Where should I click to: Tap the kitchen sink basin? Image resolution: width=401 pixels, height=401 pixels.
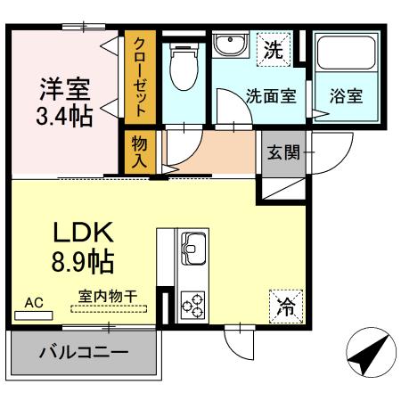(193, 244)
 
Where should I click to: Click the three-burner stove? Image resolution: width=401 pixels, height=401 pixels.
(193, 303)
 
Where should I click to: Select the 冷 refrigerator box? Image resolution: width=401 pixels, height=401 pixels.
(285, 306)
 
